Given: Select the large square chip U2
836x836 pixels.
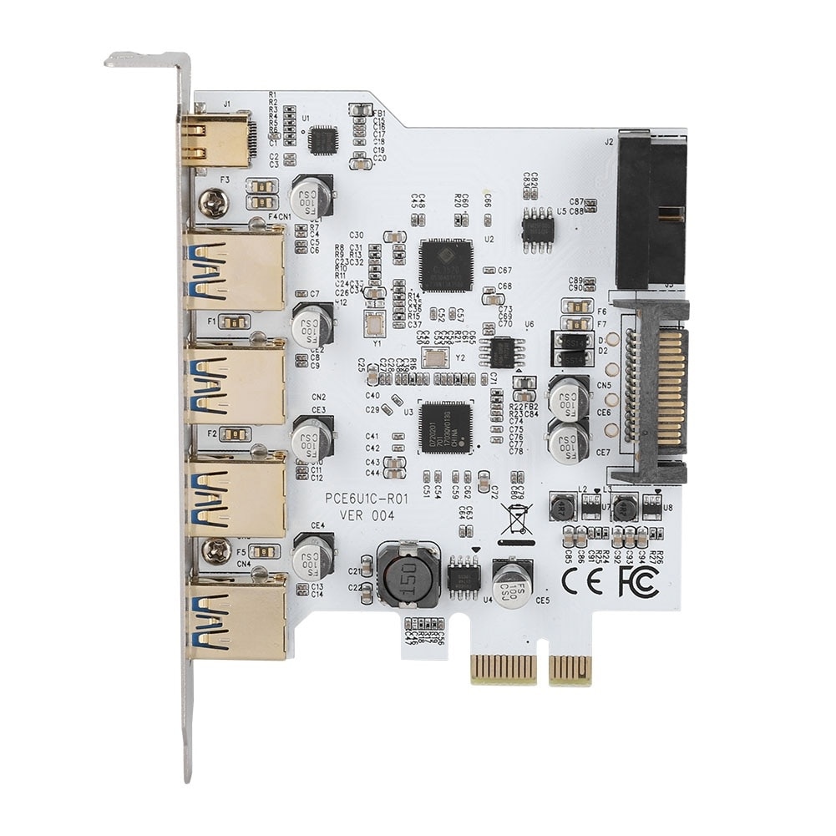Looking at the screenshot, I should point(446,265).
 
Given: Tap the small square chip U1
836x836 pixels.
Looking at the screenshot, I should point(322,139).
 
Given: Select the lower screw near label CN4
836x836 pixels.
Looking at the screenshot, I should point(220,549).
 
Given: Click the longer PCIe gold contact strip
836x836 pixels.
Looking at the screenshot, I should point(504,668).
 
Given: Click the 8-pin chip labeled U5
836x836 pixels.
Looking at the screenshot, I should point(538,225).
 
